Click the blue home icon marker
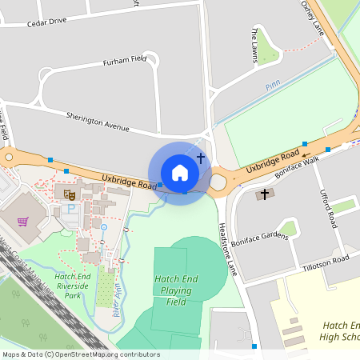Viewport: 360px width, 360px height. [x=180, y=173]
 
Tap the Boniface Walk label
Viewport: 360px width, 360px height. [x=297, y=167]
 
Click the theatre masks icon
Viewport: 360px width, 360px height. [x=70, y=193]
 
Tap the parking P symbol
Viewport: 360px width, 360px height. [x=70, y=209]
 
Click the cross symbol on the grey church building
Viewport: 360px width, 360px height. [x=264, y=194]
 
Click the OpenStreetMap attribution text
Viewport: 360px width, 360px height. [x=80, y=354]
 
